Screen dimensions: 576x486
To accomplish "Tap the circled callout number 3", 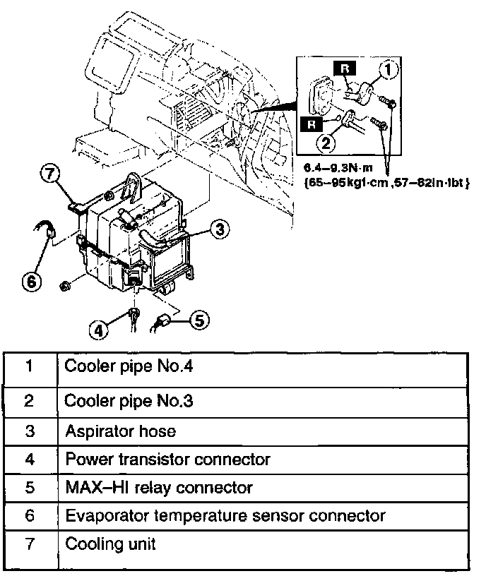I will (220, 229).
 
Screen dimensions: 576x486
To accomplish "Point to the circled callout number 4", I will (100, 329).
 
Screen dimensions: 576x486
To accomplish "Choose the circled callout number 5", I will (200, 320).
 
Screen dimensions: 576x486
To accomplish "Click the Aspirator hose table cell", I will (120, 431).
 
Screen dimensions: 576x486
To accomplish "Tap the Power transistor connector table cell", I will (167, 460).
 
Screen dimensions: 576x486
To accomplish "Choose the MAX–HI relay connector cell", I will (158, 488).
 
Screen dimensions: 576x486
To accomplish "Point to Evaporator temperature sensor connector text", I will (225, 516).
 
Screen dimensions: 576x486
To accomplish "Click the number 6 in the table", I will (29, 516).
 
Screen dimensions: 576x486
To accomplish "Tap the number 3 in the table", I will (29, 431).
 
